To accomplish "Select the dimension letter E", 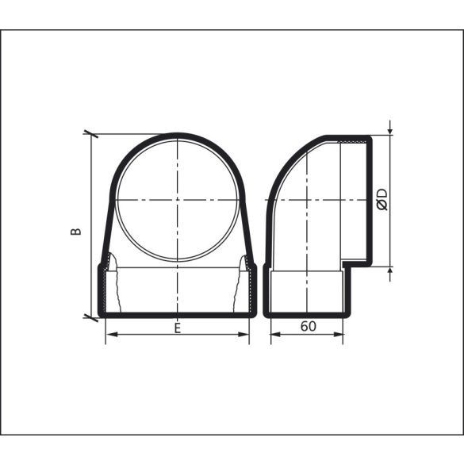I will tap(177, 326).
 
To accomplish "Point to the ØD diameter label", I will tap(382, 199).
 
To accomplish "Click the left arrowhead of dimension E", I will tap(109, 334).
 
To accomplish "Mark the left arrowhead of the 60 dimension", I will tap(274, 334).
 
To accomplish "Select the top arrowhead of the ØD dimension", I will tap(391, 131).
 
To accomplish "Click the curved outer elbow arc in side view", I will tap(286, 171).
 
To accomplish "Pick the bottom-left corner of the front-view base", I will tap(101, 313).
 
